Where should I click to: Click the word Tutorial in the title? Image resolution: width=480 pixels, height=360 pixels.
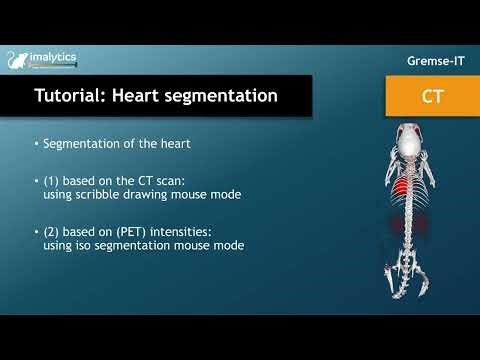(73, 97)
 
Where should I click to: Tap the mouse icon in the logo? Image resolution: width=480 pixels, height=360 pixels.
(15, 62)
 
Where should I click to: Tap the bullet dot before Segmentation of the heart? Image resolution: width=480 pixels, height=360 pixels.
(35, 144)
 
